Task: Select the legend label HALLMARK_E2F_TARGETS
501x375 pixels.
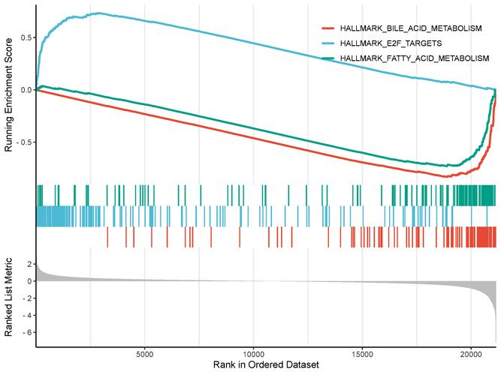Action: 388,43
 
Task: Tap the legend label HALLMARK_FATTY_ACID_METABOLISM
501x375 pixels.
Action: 414,58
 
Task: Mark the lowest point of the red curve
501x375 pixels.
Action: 447,177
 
